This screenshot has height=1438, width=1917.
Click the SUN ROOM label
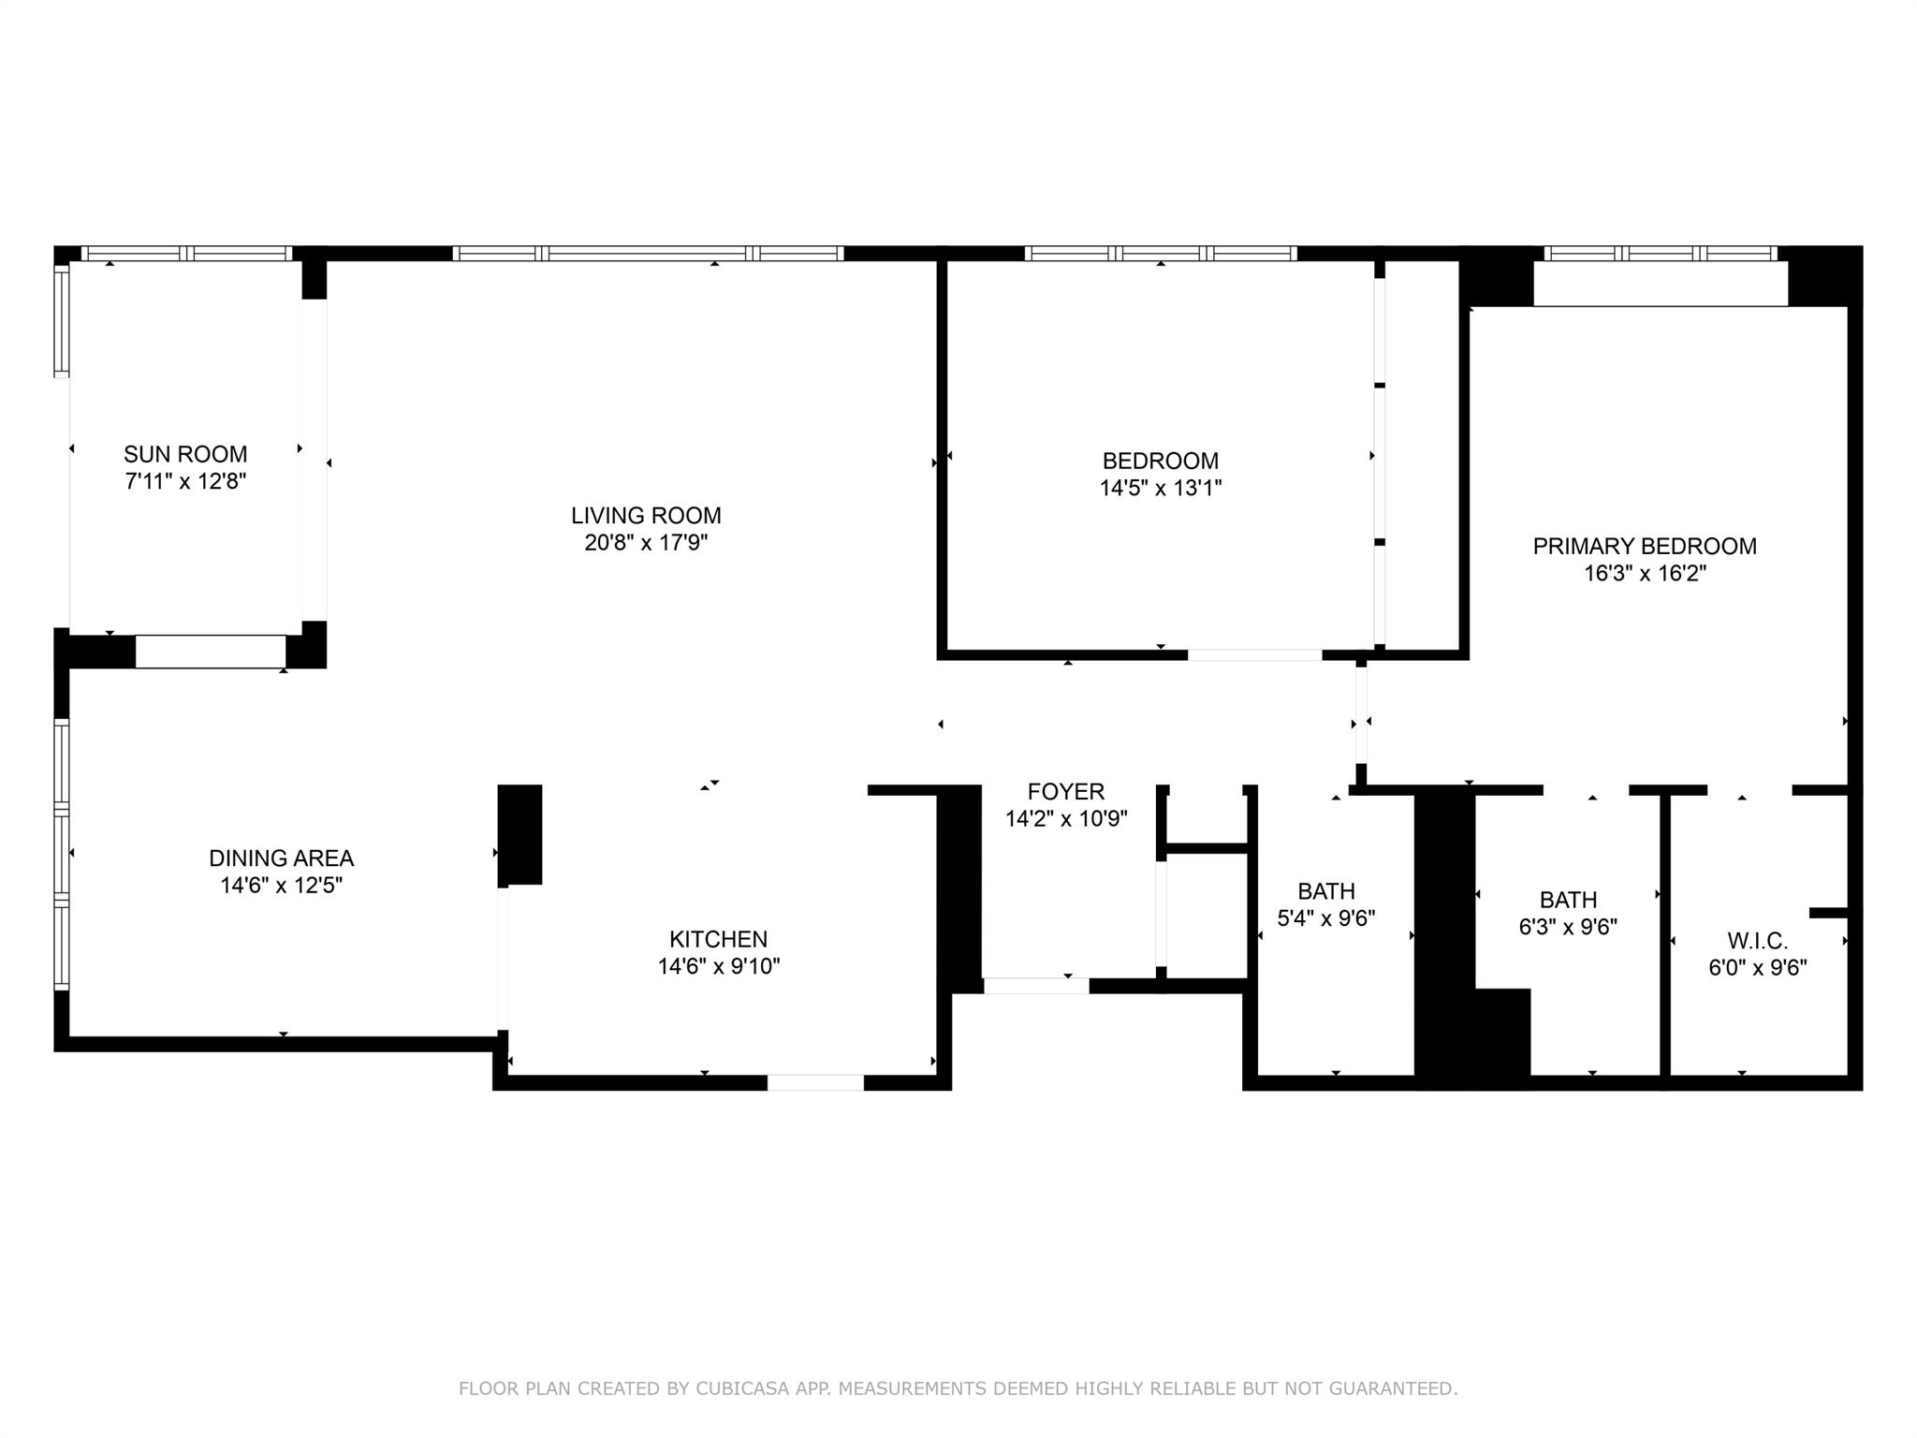[185, 455]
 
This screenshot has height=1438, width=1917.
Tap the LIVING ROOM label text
[646, 516]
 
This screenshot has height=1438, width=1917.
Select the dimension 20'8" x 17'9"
[646, 543]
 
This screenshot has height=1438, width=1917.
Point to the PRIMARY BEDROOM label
[1645, 547]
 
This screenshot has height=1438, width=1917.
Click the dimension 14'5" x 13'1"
[1161, 489]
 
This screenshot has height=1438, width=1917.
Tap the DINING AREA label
[281, 858]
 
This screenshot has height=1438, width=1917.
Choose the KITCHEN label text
[718, 940]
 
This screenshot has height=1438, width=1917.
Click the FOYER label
[1066, 792]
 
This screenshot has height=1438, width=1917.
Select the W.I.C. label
[1758, 941]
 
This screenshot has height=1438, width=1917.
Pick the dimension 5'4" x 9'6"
[1326, 918]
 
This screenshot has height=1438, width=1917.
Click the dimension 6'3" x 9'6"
[1568, 927]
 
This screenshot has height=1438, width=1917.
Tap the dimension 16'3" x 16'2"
[1645, 574]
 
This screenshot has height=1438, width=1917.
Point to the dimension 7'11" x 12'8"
[185, 482]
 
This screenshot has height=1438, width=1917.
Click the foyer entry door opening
[1036, 986]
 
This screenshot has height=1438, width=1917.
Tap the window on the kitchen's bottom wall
[815, 1083]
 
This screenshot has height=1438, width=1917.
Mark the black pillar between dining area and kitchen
[519, 834]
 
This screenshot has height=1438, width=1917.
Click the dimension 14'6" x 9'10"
[718, 967]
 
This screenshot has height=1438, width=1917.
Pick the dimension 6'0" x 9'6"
[1758, 968]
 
